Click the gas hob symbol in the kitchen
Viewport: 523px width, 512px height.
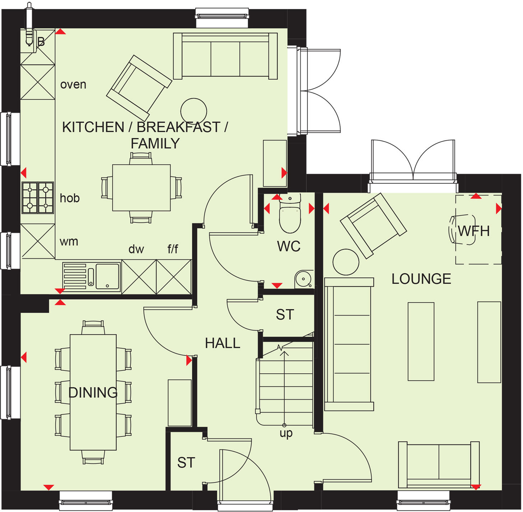(x=38, y=198)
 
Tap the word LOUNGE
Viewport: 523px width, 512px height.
(x=421, y=279)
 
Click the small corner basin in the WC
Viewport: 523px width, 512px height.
(x=304, y=279)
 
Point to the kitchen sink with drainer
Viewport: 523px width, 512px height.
(x=92, y=276)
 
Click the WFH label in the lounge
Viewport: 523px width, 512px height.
(x=473, y=231)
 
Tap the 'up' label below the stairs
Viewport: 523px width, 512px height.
(x=286, y=433)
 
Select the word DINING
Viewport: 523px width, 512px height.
(x=93, y=392)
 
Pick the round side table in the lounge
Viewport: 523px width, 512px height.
(x=346, y=262)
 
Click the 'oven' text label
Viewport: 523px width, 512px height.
(x=73, y=84)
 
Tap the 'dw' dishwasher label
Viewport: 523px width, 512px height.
(x=136, y=249)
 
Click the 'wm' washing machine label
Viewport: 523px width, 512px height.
(x=69, y=241)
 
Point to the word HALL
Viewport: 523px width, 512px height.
(x=222, y=343)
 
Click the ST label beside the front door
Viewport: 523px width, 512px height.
(x=186, y=463)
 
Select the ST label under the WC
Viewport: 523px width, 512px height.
(x=285, y=315)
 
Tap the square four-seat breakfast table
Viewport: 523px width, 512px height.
(x=141, y=188)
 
